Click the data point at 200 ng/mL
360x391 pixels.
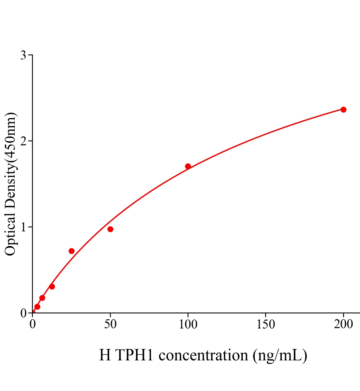click(343, 109)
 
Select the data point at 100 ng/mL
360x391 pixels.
click(188, 166)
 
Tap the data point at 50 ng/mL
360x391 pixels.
click(110, 229)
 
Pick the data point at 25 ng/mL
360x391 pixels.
click(71, 251)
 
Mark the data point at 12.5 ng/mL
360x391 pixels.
click(52, 286)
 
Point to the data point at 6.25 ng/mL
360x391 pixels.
click(42, 298)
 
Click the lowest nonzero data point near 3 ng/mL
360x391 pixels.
click(37, 307)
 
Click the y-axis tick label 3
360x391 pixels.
click(23, 55)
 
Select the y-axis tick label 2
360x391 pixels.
click(23, 141)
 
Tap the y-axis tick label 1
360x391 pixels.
click(23, 227)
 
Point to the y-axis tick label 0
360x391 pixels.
click(23, 313)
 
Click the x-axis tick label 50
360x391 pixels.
click(110, 325)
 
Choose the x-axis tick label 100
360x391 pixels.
click(188, 325)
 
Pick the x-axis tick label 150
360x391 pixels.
click(265, 325)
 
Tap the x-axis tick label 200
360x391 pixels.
click(343, 325)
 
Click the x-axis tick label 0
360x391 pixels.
click(33, 325)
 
